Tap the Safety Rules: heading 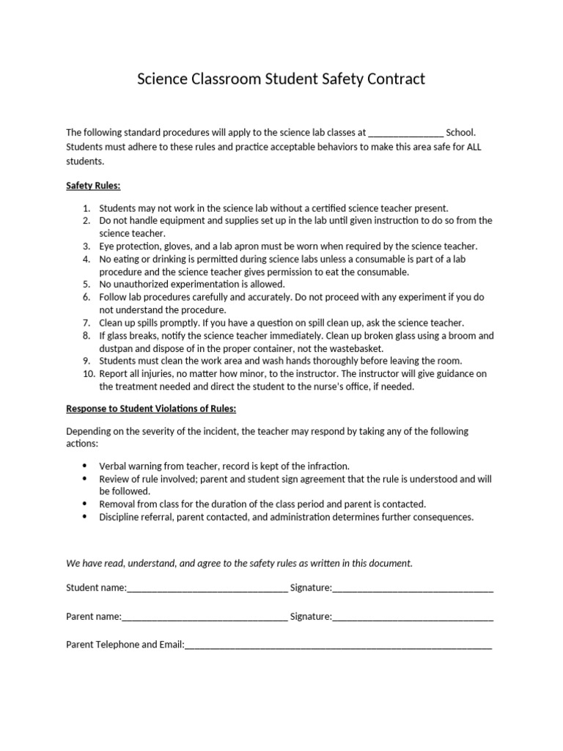(x=93, y=186)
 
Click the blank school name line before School (x=405, y=133)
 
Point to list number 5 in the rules (x=86, y=284)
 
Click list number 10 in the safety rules (x=84, y=374)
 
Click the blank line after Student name (x=207, y=587)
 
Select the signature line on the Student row (x=413, y=587)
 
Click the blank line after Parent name (x=205, y=617)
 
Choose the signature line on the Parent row (x=413, y=617)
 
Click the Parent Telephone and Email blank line (x=338, y=645)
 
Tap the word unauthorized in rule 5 (x=141, y=284)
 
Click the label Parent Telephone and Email (x=124, y=645)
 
